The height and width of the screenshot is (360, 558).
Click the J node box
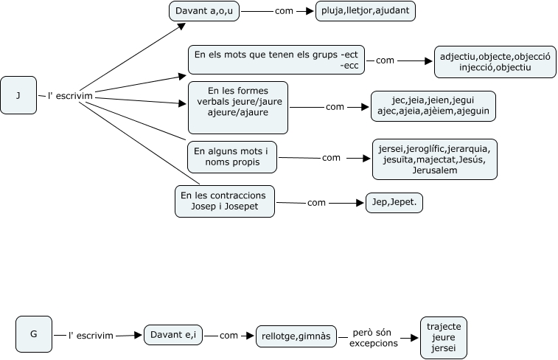pyautogui.click(x=19, y=95)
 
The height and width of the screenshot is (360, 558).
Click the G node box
pyautogui.click(x=34, y=333)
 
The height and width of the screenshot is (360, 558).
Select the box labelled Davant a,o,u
pyautogui.click(x=204, y=12)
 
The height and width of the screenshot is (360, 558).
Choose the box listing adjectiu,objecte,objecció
pyautogui.click(x=495, y=62)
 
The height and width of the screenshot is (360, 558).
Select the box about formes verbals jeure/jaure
pyautogui.click(x=237, y=107)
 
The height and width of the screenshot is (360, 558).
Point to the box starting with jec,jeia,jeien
pyautogui.click(x=433, y=107)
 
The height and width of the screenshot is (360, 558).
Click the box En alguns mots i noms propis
pyautogui.click(x=231, y=156)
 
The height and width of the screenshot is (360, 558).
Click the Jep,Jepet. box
pyautogui.click(x=395, y=203)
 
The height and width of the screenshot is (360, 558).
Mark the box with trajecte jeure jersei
pyautogui.click(x=444, y=337)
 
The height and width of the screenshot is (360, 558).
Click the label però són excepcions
pyautogui.click(x=373, y=338)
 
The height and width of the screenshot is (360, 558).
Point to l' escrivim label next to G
pyautogui.click(x=91, y=336)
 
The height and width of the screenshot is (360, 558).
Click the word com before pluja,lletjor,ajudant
pyautogui.click(x=284, y=12)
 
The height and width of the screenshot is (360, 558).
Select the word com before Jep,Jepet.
pyautogui.click(x=316, y=202)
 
